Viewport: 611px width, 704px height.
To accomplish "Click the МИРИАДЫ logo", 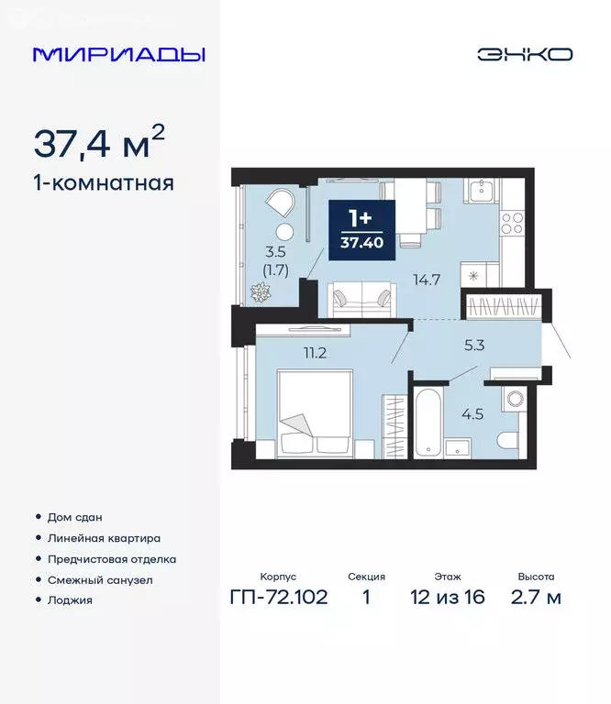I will point(119,54).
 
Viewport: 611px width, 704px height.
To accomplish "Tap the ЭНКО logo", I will point(524,54).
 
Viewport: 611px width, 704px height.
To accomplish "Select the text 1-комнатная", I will point(103,182).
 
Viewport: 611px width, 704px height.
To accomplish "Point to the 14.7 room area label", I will point(428,279).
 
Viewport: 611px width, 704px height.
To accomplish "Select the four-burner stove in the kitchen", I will point(512,224).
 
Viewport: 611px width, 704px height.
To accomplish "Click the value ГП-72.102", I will point(279,599).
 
